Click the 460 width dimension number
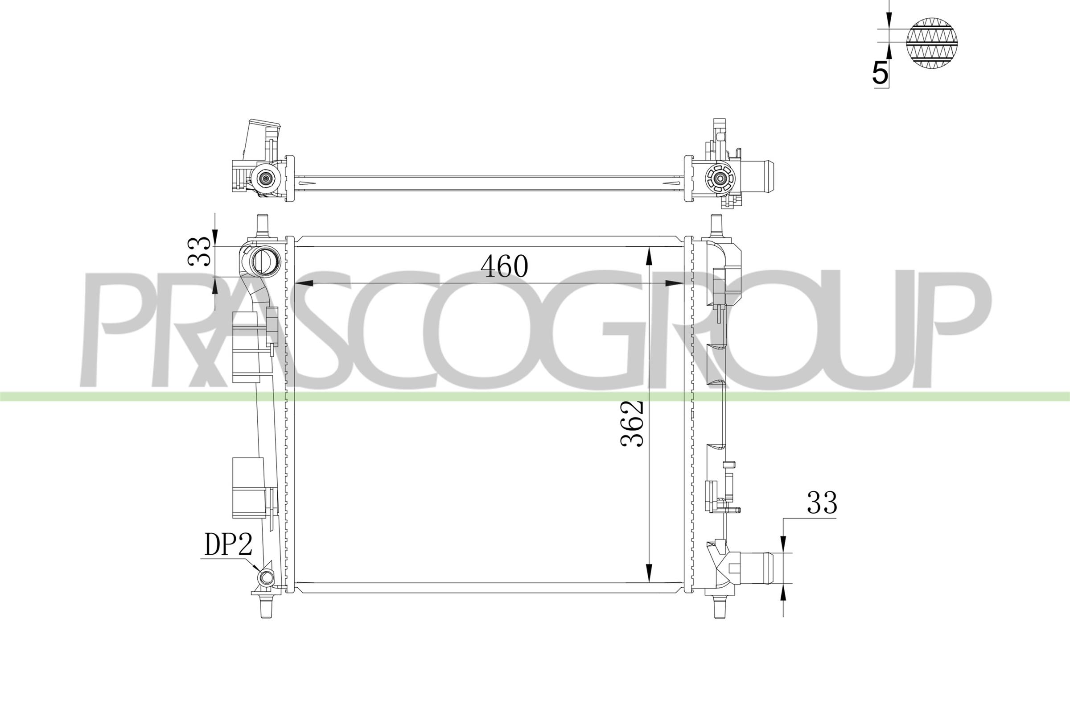505,266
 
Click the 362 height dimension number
632,423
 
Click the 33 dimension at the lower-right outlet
822,503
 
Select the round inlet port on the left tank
262,262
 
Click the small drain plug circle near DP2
265,578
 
